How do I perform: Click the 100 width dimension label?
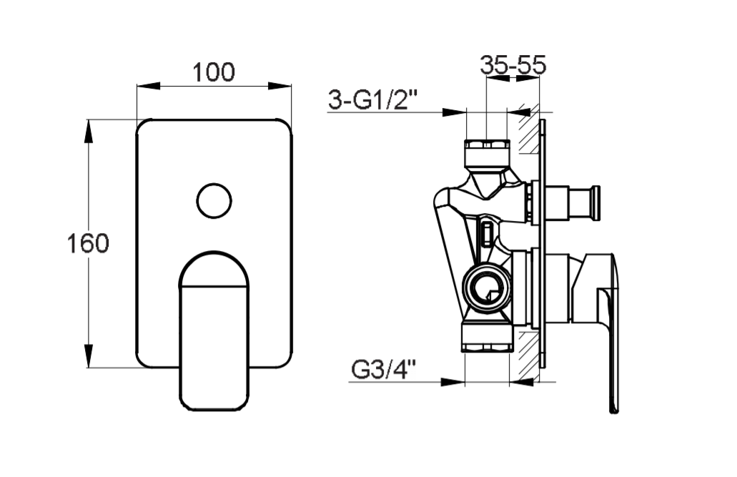coord(214,72)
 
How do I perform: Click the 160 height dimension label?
coord(88,243)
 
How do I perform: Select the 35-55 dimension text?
coord(513,64)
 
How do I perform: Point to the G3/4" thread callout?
coord(384,370)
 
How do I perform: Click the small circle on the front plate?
coord(214,200)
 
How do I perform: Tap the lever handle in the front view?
coord(214,330)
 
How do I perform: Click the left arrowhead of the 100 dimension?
coord(148,86)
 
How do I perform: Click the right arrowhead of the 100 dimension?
coord(280,86)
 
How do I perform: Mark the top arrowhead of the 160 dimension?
coord(88,132)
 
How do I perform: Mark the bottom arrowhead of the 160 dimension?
coord(88,356)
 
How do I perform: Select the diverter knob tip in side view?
coord(595,203)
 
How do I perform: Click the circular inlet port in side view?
coord(486,290)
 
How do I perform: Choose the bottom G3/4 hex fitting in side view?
coord(485,338)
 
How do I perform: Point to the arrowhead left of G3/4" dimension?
coord(452,381)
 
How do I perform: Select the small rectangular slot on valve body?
coord(487,235)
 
